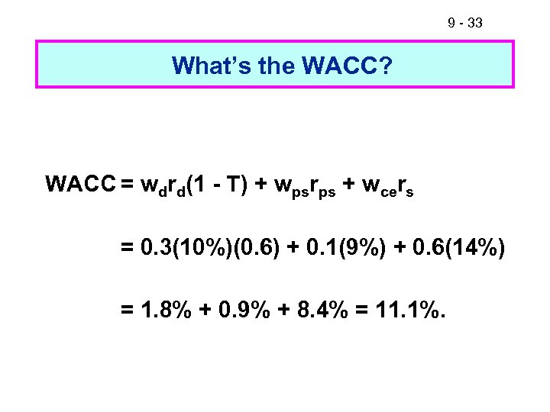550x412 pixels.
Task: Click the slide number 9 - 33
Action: click(464, 24)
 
